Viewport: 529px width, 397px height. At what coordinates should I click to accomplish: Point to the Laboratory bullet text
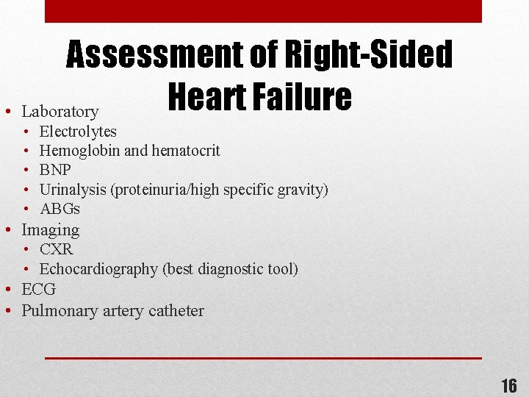(60, 112)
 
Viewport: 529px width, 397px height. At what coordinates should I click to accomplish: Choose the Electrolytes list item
(78, 132)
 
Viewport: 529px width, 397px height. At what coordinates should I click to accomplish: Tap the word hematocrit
(186, 151)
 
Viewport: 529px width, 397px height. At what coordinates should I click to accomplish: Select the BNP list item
(55, 170)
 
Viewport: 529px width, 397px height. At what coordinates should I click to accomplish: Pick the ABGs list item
(60, 209)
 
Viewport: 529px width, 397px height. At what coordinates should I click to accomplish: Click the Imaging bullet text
(51, 230)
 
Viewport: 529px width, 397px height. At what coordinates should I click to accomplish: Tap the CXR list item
(57, 249)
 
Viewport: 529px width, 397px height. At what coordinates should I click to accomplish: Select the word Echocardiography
(98, 269)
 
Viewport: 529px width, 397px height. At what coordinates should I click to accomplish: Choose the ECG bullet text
(39, 289)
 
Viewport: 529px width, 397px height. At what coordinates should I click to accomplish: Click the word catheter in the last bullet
(176, 310)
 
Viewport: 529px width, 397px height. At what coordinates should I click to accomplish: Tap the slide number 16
(508, 385)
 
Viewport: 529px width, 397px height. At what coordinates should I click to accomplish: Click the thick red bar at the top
(263, 11)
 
